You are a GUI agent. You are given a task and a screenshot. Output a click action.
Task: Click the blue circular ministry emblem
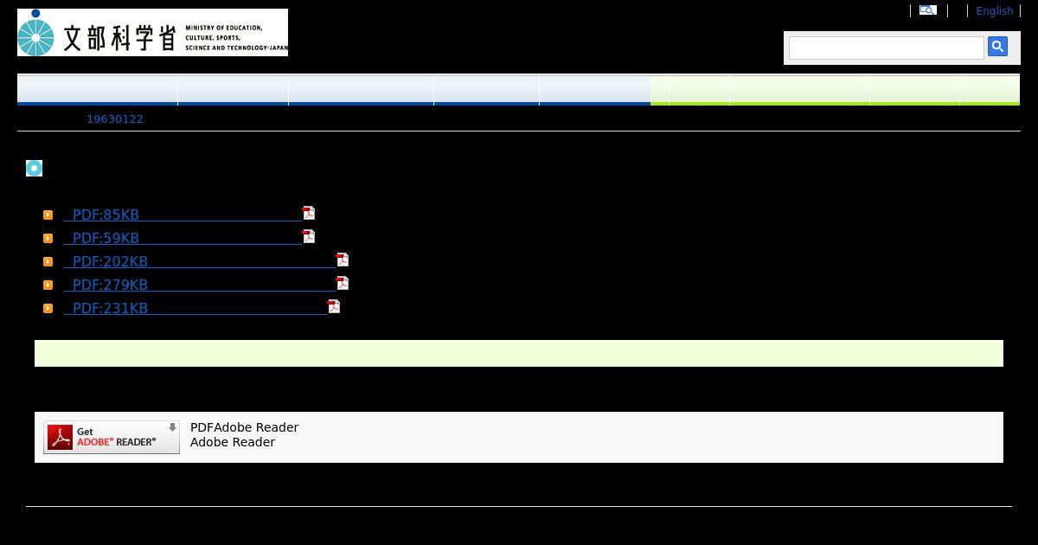(x=36, y=34)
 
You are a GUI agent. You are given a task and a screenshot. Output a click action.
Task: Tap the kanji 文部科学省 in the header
(x=119, y=37)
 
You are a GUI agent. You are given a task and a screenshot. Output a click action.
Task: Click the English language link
(x=994, y=11)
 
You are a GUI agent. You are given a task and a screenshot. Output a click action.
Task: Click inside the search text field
(x=886, y=48)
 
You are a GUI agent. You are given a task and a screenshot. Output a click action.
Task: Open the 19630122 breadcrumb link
(x=115, y=119)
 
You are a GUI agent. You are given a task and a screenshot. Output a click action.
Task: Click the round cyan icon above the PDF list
(x=34, y=168)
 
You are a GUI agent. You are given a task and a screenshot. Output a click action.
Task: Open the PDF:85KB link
(x=106, y=215)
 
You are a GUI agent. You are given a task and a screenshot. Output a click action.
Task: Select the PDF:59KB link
(x=106, y=238)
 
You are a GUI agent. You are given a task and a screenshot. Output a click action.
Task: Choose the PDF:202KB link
(x=110, y=261)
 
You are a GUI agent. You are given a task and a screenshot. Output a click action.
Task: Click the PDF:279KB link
(x=110, y=285)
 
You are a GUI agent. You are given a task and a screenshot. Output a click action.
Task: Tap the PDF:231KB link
(x=110, y=308)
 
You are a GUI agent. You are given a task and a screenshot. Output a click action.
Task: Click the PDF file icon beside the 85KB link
(x=309, y=213)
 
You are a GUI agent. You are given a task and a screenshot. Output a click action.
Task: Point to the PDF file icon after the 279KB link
(x=343, y=283)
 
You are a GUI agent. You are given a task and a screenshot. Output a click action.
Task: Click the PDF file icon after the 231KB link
(x=334, y=306)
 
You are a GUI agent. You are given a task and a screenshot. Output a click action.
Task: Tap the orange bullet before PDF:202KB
(x=48, y=261)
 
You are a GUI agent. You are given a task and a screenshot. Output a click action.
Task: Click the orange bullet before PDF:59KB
(x=48, y=238)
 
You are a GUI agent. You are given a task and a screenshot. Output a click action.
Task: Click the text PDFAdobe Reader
(x=244, y=427)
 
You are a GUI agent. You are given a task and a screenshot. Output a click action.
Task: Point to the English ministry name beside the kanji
(x=235, y=38)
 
